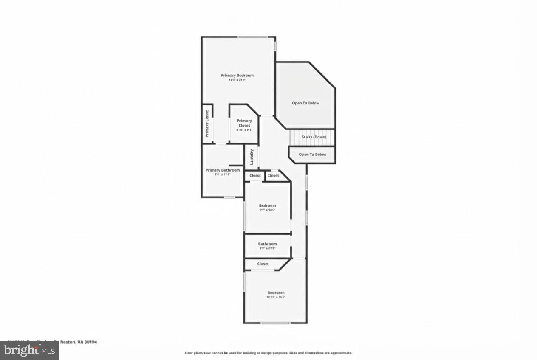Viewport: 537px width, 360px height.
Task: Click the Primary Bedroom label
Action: (237, 75)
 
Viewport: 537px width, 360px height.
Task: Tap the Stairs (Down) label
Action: (314, 137)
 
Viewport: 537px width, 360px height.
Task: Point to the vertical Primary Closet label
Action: (207, 124)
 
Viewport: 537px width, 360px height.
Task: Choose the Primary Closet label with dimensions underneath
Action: (244, 123)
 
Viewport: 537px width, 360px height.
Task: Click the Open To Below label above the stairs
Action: (305, 103)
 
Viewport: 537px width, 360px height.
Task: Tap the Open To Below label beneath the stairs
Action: (312, 155)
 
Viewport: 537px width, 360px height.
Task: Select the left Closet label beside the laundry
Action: (255, 175)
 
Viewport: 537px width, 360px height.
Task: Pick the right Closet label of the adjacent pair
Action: (273, 175)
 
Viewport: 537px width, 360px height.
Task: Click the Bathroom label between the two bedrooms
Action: (268, 244)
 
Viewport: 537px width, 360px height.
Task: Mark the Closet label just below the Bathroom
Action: (263, 264)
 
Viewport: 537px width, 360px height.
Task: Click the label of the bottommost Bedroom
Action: (276, 292)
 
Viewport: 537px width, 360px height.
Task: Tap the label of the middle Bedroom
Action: (268, 205)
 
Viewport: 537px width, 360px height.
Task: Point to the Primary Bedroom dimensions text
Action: (237, 79)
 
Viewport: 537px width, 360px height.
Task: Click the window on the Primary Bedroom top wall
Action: (252, 37)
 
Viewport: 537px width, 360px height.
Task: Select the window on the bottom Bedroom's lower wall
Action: (275, 323)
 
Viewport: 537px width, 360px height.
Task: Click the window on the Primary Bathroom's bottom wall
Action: (229, 197)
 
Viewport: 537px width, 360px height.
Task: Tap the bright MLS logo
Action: (29, 351)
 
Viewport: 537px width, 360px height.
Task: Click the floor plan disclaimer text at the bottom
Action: (268, 353)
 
